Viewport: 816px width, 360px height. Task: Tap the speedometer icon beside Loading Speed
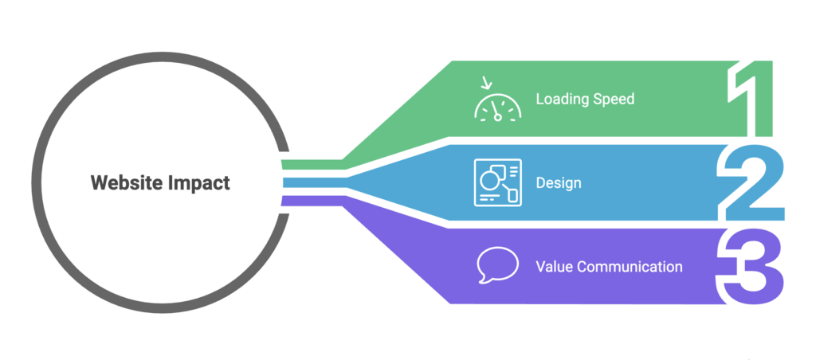497,104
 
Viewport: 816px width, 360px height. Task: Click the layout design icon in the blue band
497,182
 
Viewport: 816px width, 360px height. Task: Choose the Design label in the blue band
559,183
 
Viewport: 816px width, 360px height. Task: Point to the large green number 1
749,99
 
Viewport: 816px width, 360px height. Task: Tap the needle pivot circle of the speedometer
498,116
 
